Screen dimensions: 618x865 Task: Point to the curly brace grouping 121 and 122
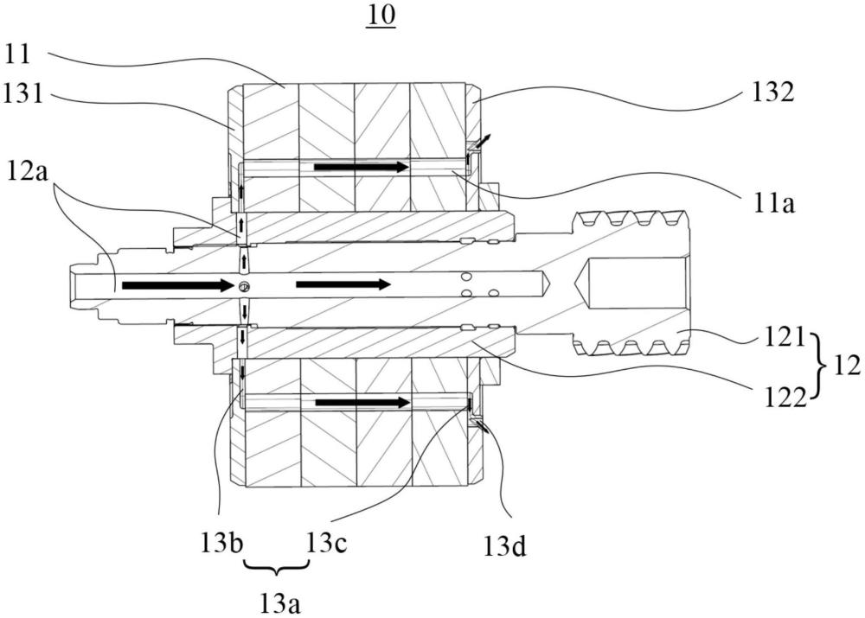click(x=822, y=365)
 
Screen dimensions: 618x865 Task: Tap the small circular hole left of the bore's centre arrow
click(x=244, y=285)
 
